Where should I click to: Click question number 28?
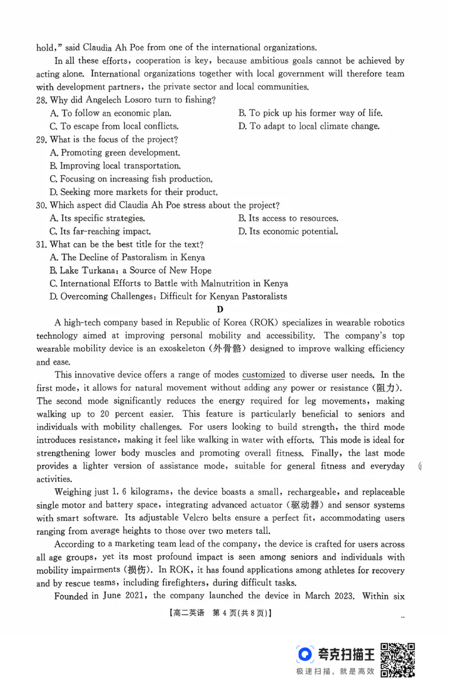tap(42, 100)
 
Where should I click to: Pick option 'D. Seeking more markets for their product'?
tap(133, 192)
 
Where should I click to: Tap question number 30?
tap(42, 205)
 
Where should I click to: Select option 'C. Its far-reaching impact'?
tap(100, 231)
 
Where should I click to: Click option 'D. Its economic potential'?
tap(288, 231)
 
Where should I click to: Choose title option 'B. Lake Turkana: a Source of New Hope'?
tap(130, 270)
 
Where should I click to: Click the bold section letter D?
tap(220, 309)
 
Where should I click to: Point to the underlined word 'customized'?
tap(264, 375)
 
